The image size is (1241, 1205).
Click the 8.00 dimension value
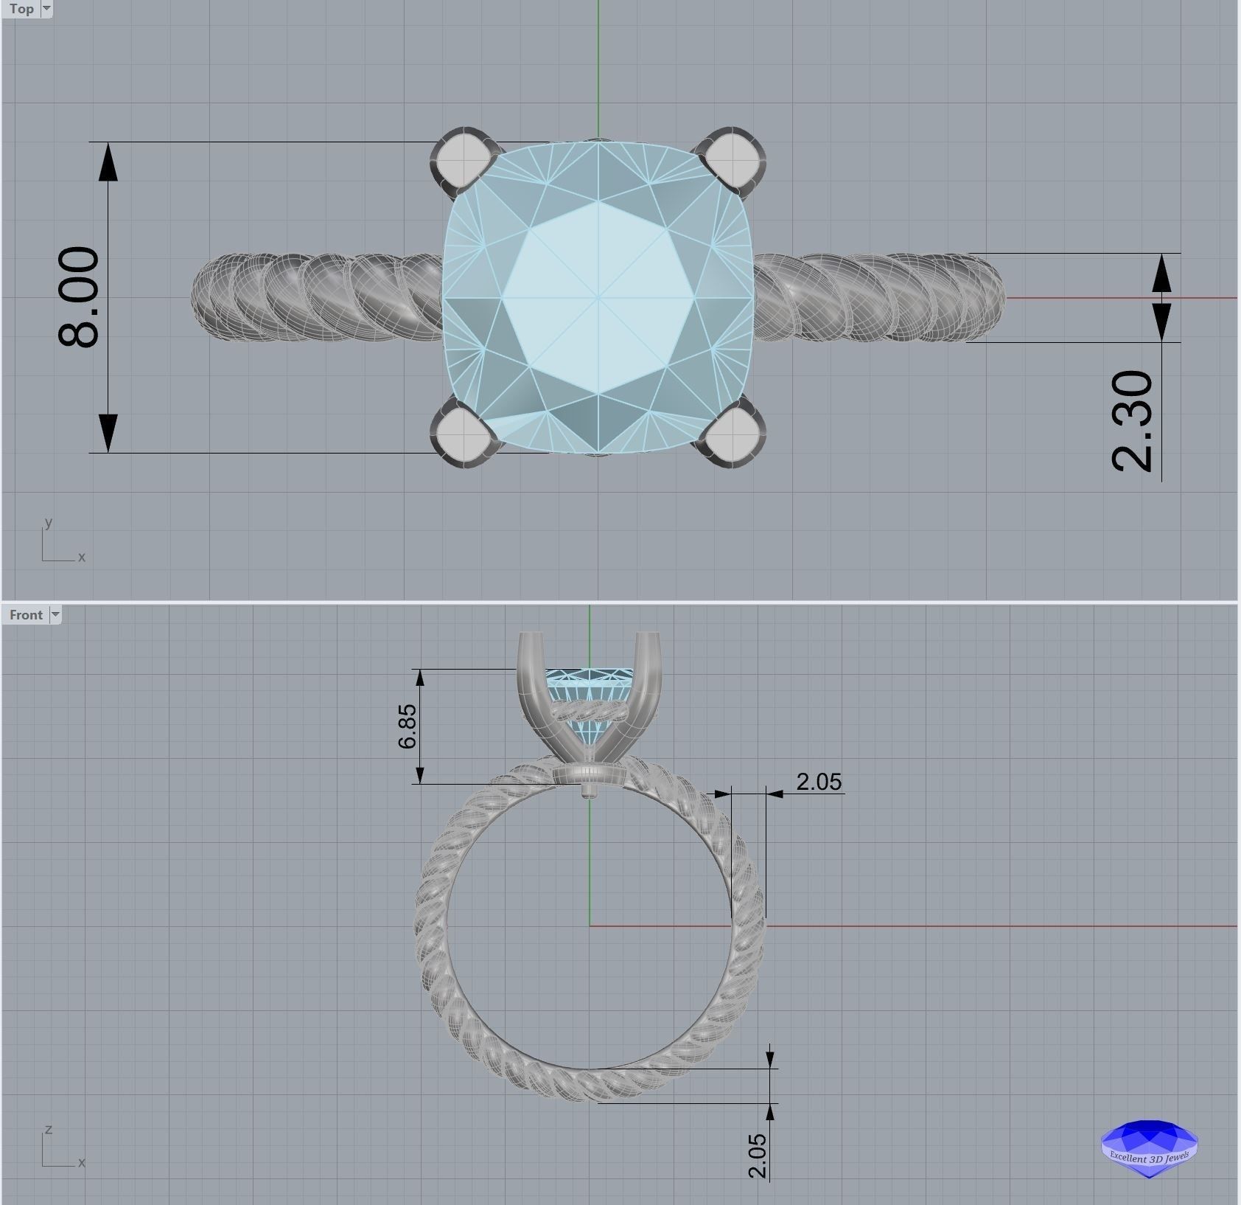pos(78,296)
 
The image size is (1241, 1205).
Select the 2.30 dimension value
pos(1131,420)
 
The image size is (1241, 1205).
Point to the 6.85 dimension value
pos(407,726)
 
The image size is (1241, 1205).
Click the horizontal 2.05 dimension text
pos(819,782)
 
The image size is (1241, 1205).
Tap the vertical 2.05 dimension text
pos(757,1156)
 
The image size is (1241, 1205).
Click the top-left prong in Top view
pos(463,159)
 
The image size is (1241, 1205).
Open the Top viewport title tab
pos(21,9)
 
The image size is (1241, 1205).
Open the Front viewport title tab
pos(26,615)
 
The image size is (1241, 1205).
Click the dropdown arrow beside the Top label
pos(46,9)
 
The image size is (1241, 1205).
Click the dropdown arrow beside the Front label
pos(55,615)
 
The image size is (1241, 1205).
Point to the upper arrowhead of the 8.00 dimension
pos(108,162)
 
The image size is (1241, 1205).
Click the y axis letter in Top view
pos(49,522)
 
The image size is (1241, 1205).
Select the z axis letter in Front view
pos(49,1129)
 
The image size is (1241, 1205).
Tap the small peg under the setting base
pos(589,792)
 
